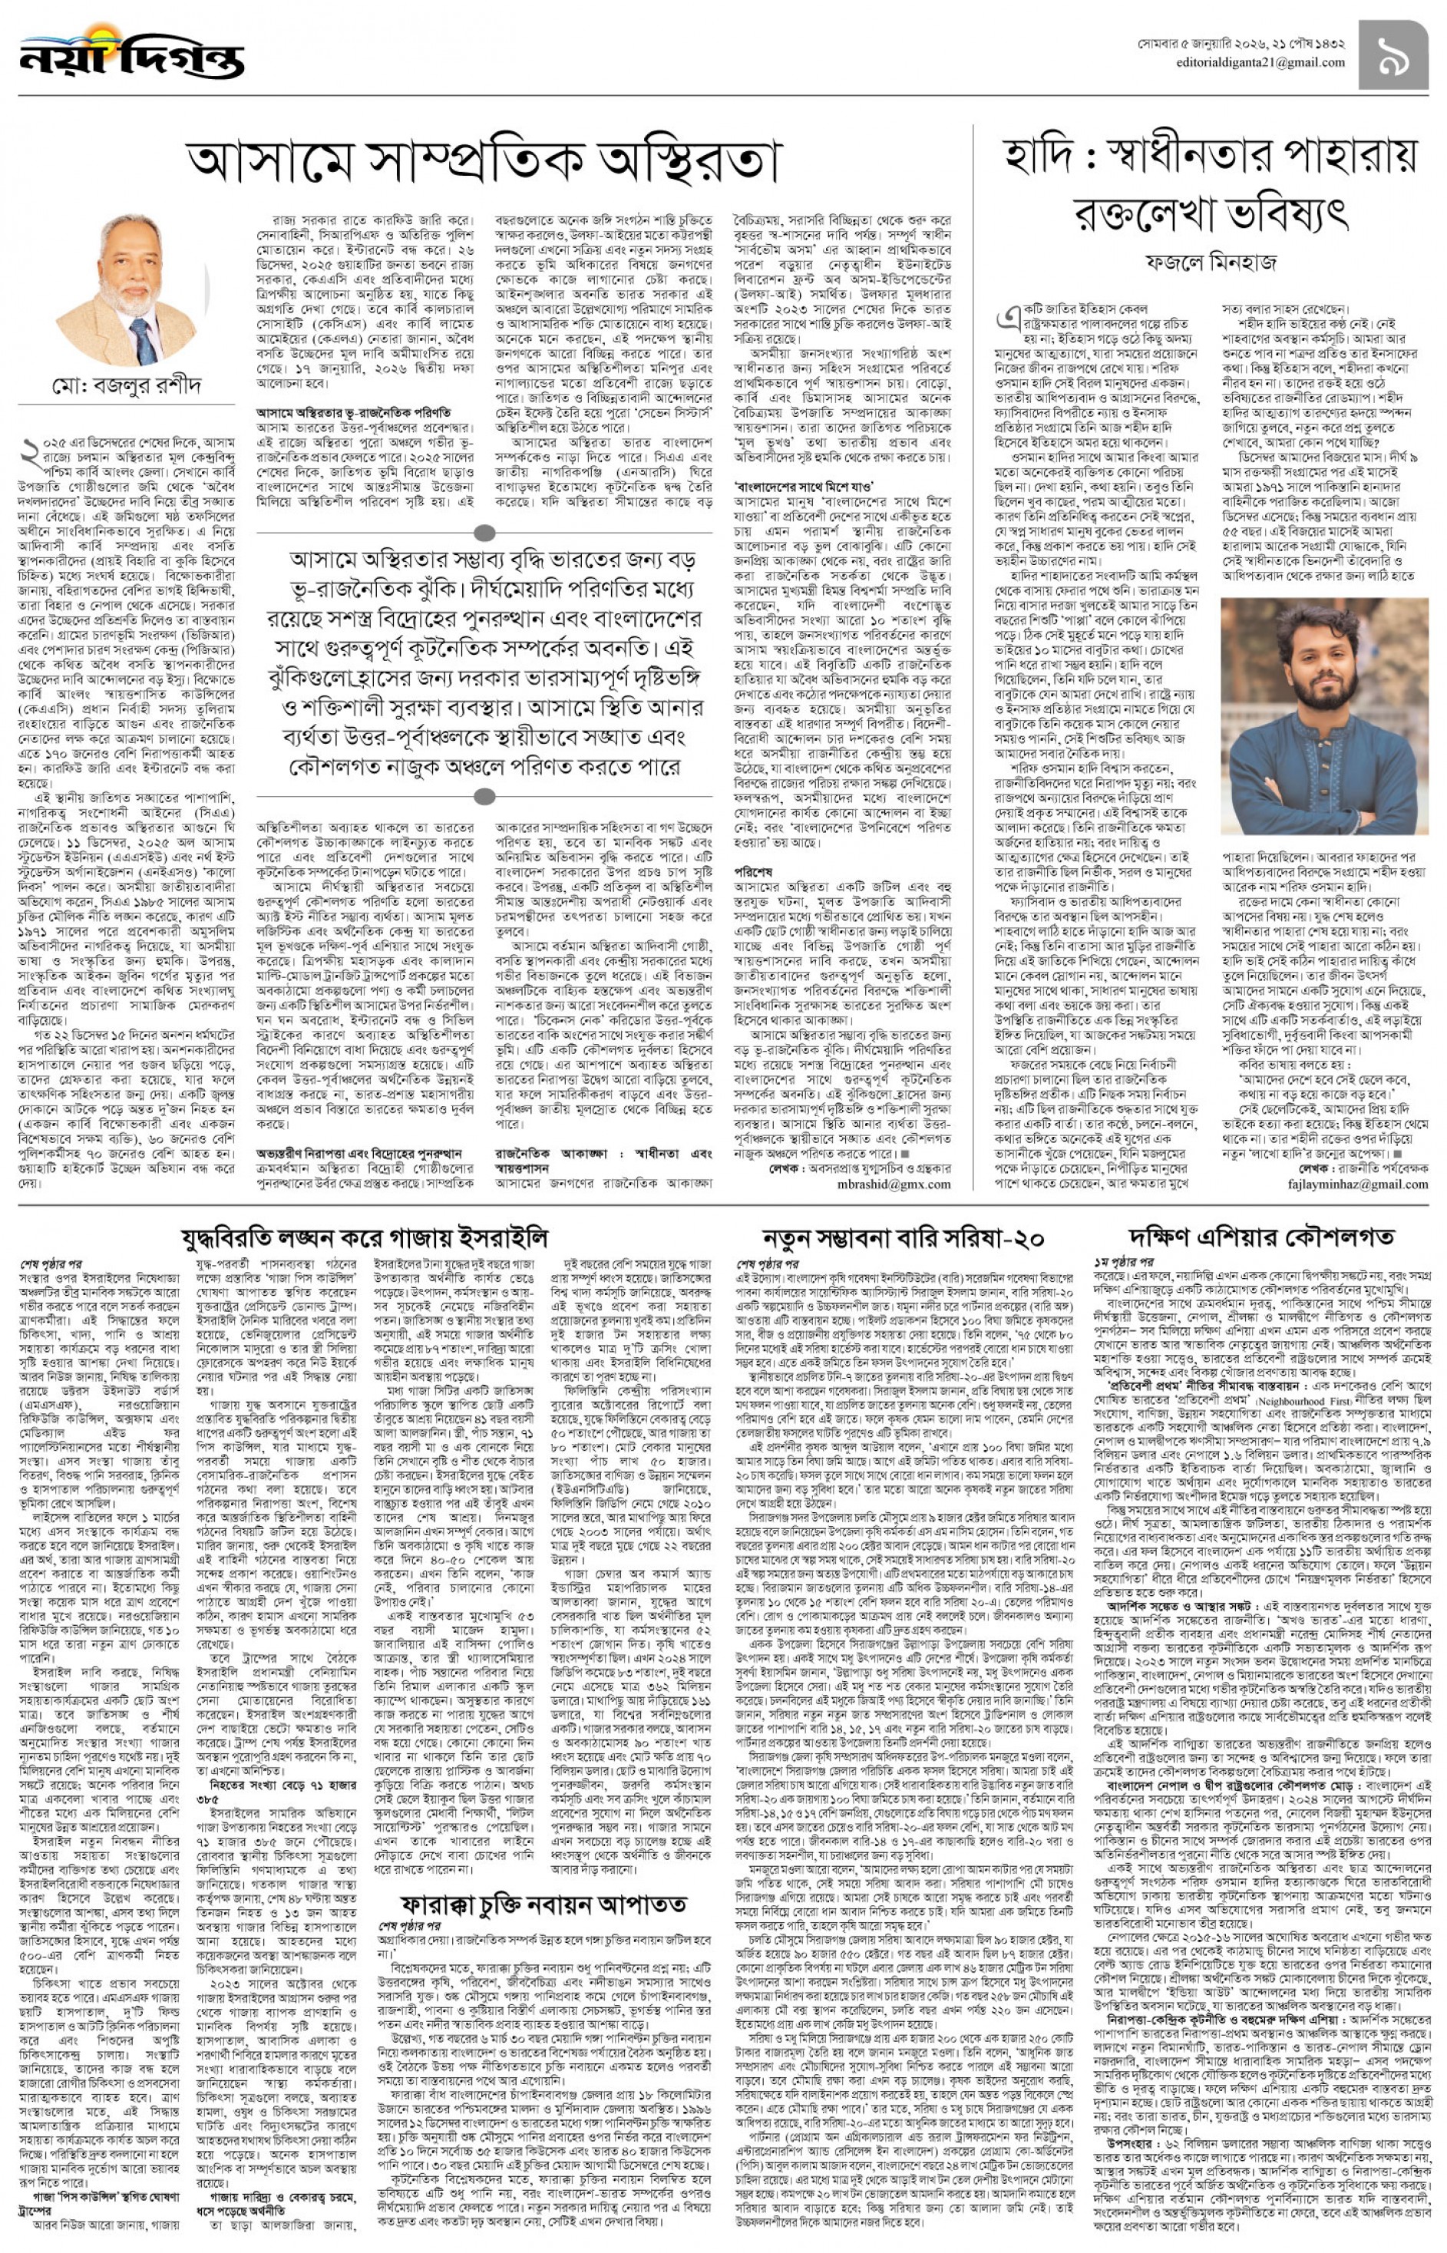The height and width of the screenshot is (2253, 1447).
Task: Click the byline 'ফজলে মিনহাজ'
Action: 1211,263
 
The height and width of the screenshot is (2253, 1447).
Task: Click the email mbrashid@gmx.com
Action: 894,1184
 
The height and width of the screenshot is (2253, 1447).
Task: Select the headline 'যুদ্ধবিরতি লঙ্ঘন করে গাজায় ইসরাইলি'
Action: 365,1238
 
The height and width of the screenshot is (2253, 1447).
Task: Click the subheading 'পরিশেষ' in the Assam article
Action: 752,872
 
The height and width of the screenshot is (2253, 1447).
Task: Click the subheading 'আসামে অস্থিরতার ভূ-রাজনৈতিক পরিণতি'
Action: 353,412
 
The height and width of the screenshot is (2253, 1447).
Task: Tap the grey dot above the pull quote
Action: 485,533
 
